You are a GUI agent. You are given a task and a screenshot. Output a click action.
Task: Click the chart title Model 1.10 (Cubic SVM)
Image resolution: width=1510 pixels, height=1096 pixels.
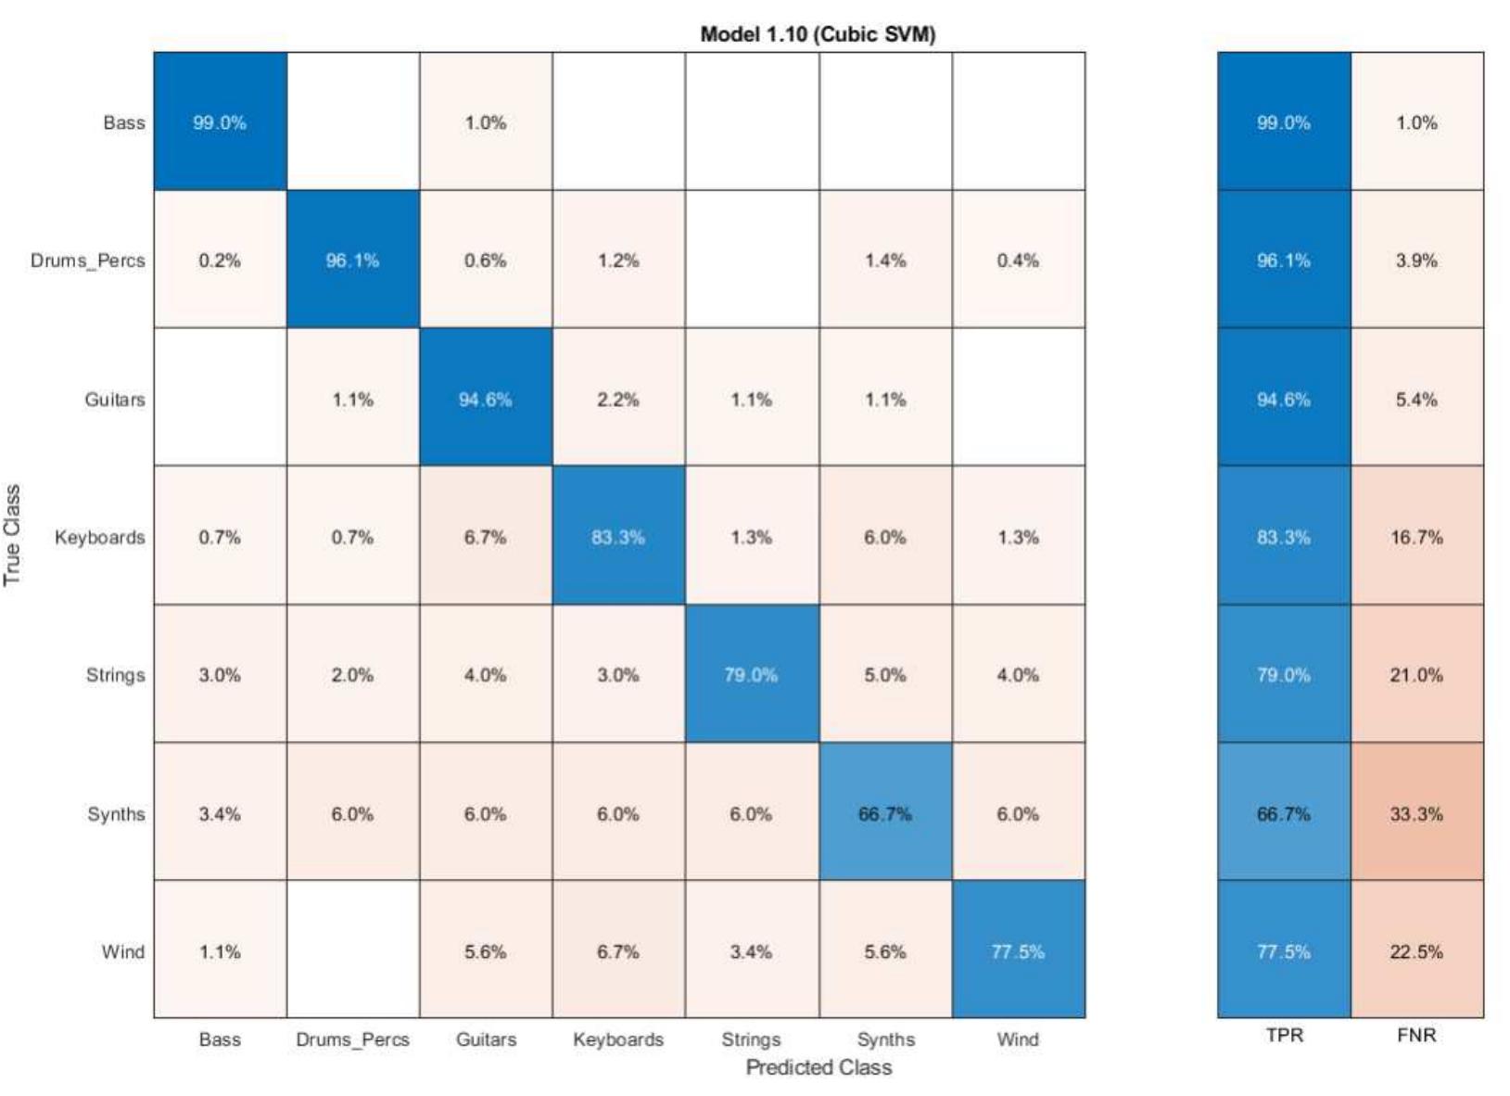[818, 35]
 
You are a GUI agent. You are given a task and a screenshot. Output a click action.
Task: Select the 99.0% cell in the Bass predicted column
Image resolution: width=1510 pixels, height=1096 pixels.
[220, 122]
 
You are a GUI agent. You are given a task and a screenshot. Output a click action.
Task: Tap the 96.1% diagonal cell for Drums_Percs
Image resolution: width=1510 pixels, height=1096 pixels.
[352, 261]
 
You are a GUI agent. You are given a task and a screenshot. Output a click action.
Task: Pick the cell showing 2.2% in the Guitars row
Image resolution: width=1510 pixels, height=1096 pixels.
[618, 399]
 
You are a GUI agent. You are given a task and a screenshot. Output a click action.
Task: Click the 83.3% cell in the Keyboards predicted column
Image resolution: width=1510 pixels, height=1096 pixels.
[618, 537]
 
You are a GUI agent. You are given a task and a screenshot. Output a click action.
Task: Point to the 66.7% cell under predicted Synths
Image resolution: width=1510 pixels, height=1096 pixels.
[884, 813]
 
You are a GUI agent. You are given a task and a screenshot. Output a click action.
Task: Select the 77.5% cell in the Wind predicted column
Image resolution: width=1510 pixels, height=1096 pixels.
[1018, 951]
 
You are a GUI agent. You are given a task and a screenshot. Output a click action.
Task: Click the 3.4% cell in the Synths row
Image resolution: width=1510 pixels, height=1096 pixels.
[220, 813]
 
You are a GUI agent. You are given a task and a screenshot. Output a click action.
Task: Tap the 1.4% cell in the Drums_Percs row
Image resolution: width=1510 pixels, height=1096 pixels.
[884, 261]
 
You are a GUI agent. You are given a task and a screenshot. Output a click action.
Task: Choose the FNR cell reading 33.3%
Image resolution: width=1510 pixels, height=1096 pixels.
[1416, 813]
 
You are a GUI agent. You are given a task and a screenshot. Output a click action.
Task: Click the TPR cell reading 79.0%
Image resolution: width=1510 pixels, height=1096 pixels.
[1284, 675]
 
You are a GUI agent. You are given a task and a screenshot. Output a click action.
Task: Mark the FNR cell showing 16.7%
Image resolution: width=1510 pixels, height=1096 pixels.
[1416, 537]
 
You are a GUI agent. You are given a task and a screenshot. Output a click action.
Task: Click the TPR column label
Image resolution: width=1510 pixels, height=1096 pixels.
[1284, 1035]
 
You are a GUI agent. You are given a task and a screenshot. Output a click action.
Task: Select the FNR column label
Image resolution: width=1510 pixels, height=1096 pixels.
[1416, 1035]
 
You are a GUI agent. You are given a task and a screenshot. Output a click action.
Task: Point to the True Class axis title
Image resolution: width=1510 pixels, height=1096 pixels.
[12, 535]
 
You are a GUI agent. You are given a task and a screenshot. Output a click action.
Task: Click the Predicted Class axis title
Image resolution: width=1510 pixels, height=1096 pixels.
[818, 1067]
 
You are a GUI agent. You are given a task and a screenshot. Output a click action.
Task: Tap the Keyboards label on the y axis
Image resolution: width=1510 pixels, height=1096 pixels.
[99, 537]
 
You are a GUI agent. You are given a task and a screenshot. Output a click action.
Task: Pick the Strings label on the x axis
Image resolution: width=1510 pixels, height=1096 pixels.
[751, 1039]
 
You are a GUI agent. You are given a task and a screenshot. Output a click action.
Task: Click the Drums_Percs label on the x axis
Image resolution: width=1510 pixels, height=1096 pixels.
[352, 1039]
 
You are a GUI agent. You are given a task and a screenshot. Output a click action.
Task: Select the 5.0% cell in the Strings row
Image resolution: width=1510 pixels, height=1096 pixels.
[884, 675]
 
